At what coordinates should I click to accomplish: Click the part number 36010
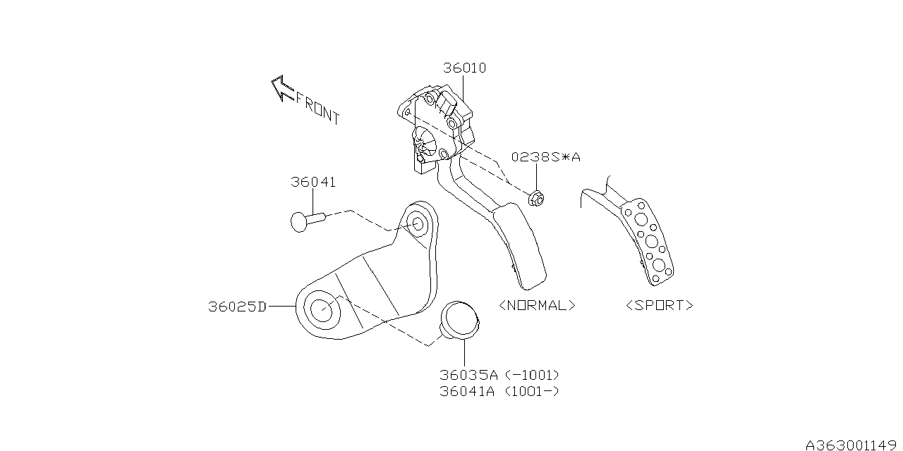(465, 68)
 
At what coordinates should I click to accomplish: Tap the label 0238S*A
(546, 156)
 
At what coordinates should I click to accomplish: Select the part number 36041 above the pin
(313, 182)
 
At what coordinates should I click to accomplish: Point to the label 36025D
(238, 307)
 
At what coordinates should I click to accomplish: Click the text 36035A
(469, 376)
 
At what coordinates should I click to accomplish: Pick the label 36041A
(467, 391)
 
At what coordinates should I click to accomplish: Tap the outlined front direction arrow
(282, 89)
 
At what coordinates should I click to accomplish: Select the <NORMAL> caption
(538, 306)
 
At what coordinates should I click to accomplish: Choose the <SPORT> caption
(660, 305)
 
